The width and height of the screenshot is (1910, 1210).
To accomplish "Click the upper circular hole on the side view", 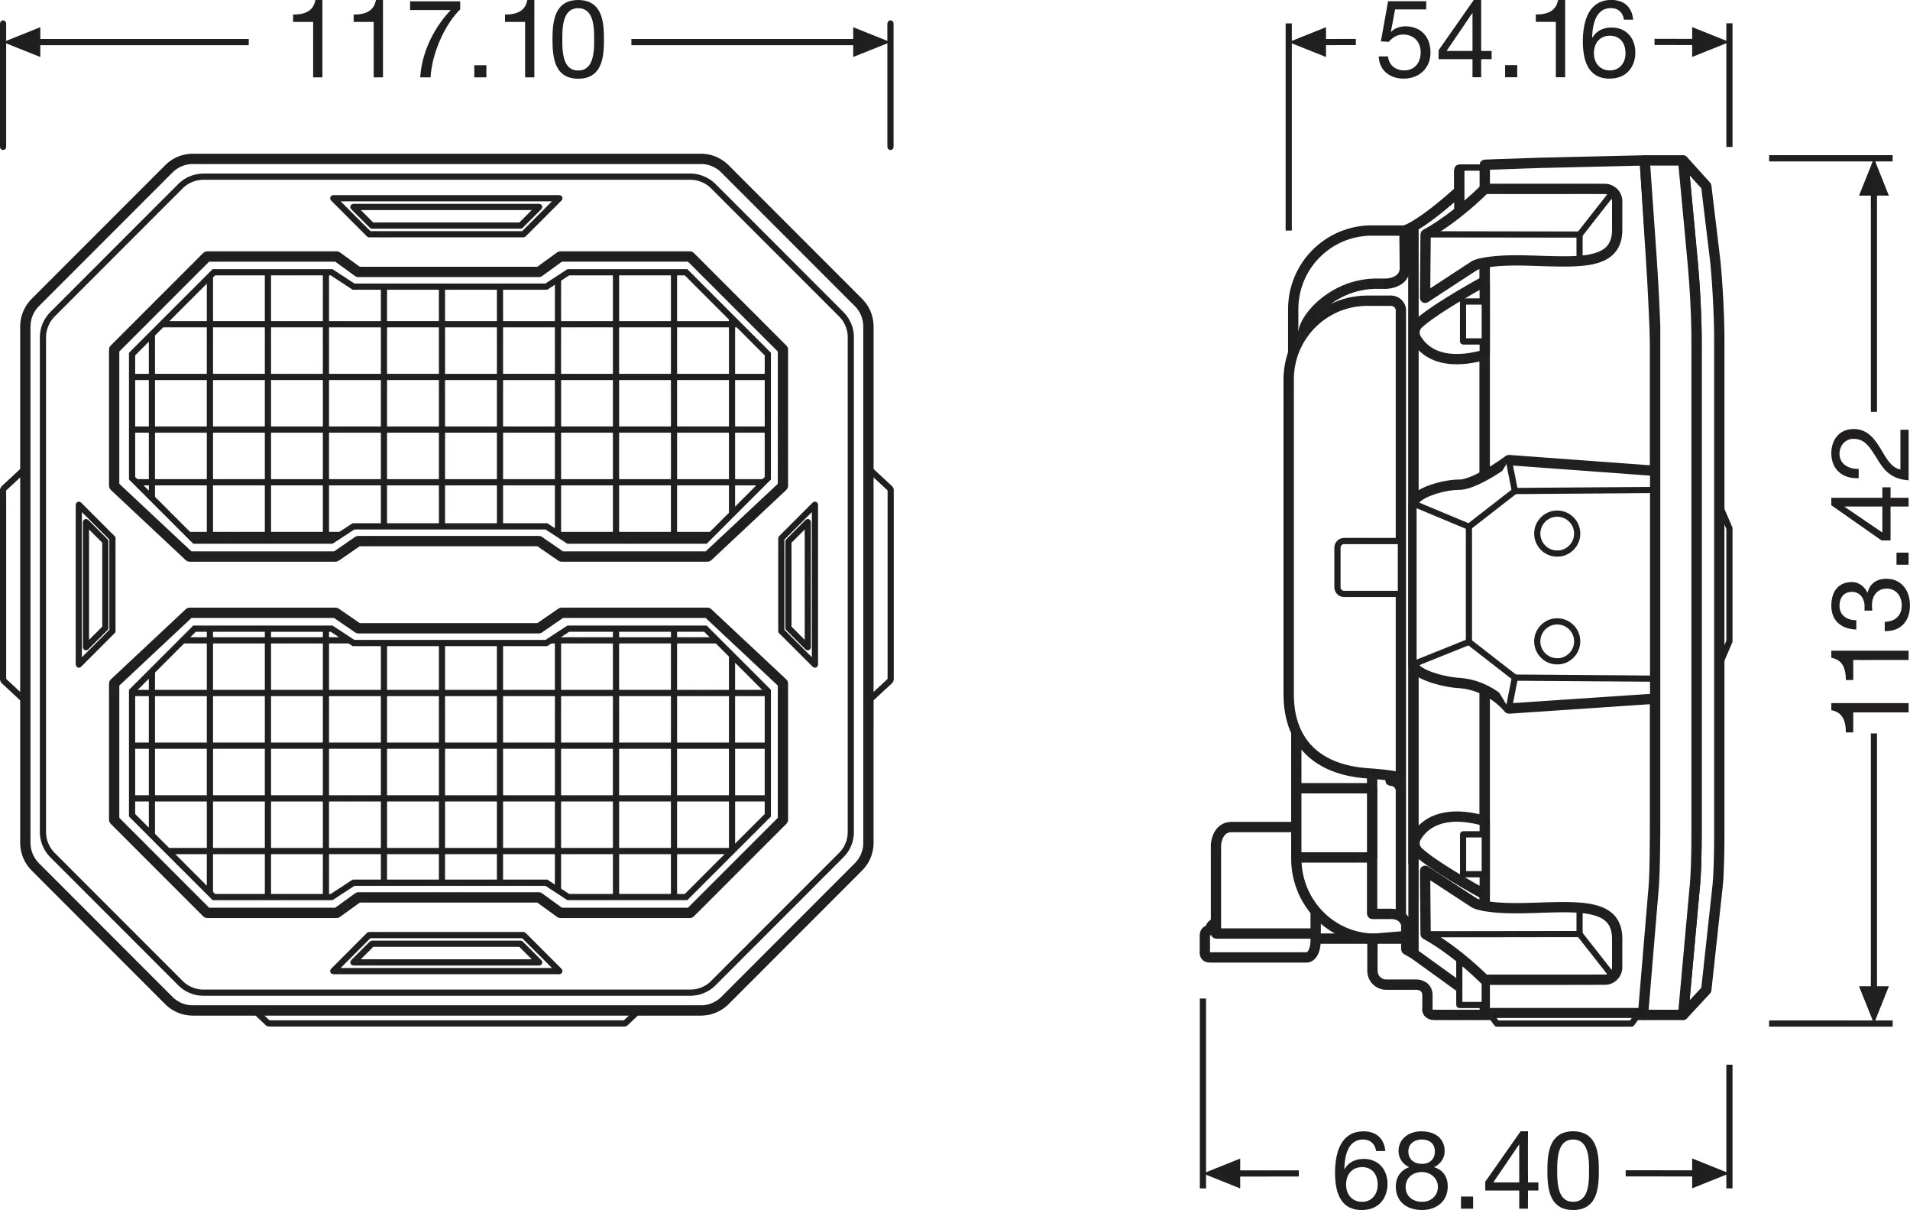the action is (x=1557, y=534).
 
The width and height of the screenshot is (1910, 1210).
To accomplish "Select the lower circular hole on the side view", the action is (x=1557, y=641).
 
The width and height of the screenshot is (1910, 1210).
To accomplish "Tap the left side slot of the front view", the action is (x=96, y=584).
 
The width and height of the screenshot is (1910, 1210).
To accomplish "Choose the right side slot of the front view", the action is (x=798, y=584).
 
